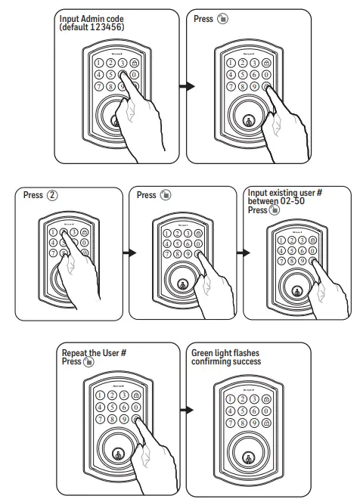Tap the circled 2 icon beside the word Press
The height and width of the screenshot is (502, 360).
pyautogui.click(x=52, y=195)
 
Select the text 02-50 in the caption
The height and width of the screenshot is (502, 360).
pyautogui.click(x=291, y=201)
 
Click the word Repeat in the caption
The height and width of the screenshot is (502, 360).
pyautogui.click(x=76, y=353)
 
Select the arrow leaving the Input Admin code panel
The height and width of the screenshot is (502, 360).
pyautogui.click(x=179, y=85)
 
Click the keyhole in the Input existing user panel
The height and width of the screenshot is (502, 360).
pyautogui.click(x=295, y=290)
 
